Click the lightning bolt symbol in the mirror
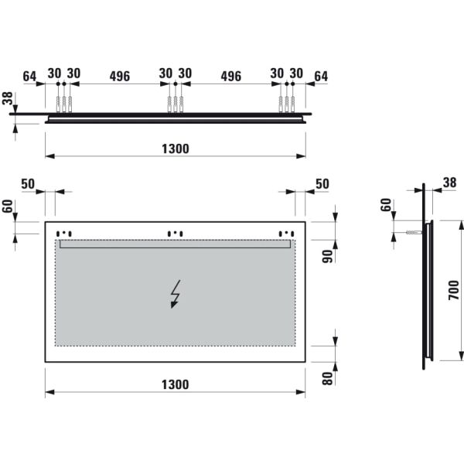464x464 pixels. click(176, 295)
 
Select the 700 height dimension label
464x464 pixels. click(454, 291)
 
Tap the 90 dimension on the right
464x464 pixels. click(327, 257)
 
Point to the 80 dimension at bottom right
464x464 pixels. click(327, 378)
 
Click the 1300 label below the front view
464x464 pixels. click(176, 384)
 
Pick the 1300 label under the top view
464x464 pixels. click(176, 148)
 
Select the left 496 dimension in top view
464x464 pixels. click(119, 76)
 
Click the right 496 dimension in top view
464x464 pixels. click(230, 76)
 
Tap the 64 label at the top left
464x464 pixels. click(29, 76)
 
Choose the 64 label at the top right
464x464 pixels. click(321, 76)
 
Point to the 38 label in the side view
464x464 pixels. click(449, 183)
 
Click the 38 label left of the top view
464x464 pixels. click(8, 99)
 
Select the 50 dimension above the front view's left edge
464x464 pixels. click(28, 183)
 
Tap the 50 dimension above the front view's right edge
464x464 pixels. click(322, 183)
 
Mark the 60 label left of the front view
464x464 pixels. click(8, 209)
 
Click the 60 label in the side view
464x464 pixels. click(386, 206)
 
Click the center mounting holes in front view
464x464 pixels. click(176, 232)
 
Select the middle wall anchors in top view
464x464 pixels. click(176, 104)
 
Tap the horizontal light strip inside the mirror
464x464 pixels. click(176, 244)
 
